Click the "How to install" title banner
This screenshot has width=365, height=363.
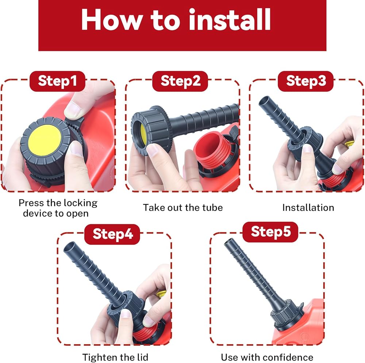182,25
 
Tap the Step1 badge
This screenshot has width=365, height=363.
57,81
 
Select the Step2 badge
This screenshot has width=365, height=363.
180,81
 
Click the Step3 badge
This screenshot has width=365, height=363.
306,81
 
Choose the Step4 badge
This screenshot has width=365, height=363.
112,234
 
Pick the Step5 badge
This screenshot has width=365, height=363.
270,232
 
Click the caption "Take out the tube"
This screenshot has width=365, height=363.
183,207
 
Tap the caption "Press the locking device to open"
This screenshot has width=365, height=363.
58,208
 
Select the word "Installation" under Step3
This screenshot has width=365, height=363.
308,207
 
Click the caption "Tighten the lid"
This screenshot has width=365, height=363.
115,358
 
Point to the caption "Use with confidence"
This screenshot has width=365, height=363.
267,358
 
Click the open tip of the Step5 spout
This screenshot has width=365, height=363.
228,242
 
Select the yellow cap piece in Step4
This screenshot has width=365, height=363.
161,294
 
